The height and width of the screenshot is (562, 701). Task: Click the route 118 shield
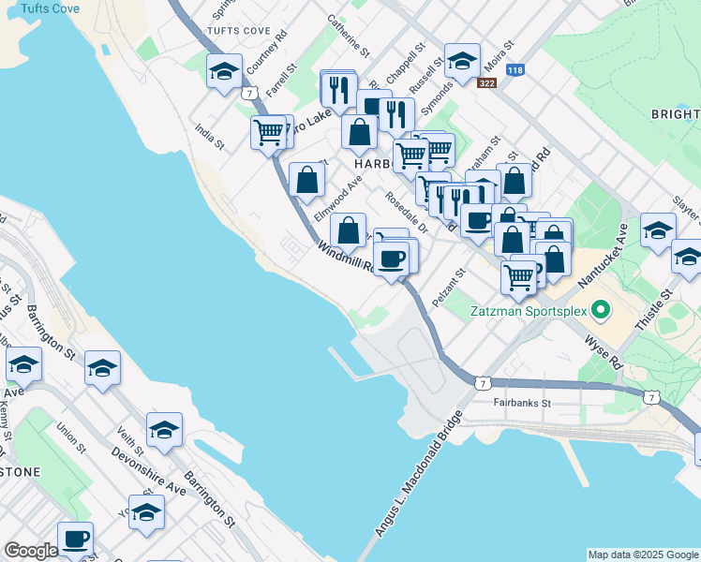click(x=514, y=70)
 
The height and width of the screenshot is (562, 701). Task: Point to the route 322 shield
click(x=486, y=84)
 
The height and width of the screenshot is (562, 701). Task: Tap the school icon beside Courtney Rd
click(x=224, y=71)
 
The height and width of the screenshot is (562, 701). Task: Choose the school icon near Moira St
click(x=461, y=61)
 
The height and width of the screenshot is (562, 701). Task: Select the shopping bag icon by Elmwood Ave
click(x=306, y=181)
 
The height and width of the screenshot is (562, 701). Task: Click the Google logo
click(x=31, y=551)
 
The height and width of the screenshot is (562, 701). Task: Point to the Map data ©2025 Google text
click(x=642, y=555)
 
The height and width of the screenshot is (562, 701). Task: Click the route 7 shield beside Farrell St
click(x=248, y=93)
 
